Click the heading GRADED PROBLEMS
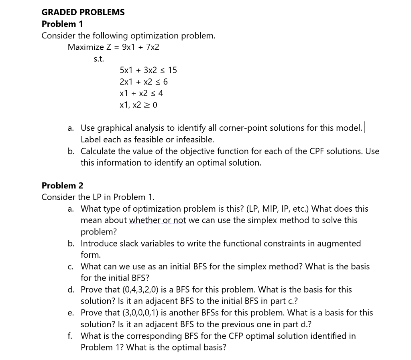[83, 12]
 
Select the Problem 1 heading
[62, 24]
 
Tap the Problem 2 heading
[62, 186]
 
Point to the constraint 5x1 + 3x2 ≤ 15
[148, 71]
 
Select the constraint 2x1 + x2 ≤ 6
[144, 82]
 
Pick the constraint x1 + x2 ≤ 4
[141, 93]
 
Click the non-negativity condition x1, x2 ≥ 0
[138, 105]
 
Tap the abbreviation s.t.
[98, 59]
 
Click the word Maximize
[85, 47]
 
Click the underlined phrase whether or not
[157, 220]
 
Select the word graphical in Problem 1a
[112, 128]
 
